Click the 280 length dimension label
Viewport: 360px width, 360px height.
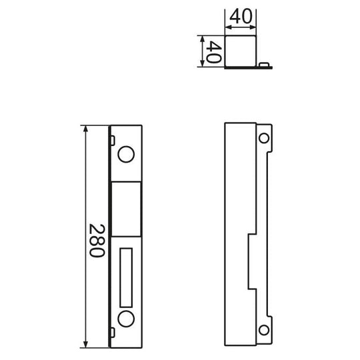(x=97, y=241)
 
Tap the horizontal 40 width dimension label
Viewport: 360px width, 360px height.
(x=241, y=17)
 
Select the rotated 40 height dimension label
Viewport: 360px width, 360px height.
(x=214, y=52)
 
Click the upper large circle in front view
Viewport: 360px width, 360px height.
(x=126, y=154)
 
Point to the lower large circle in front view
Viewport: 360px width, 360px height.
(x=126, y=319)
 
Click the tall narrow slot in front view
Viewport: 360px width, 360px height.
(x=126, y=277)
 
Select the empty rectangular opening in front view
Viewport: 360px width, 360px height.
(x=126, y=209)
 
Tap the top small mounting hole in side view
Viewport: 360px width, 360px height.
(x=264, y=138)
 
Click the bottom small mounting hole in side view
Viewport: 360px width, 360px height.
(x=264, y=330)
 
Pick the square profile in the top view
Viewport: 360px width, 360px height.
(x=241, y=51)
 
